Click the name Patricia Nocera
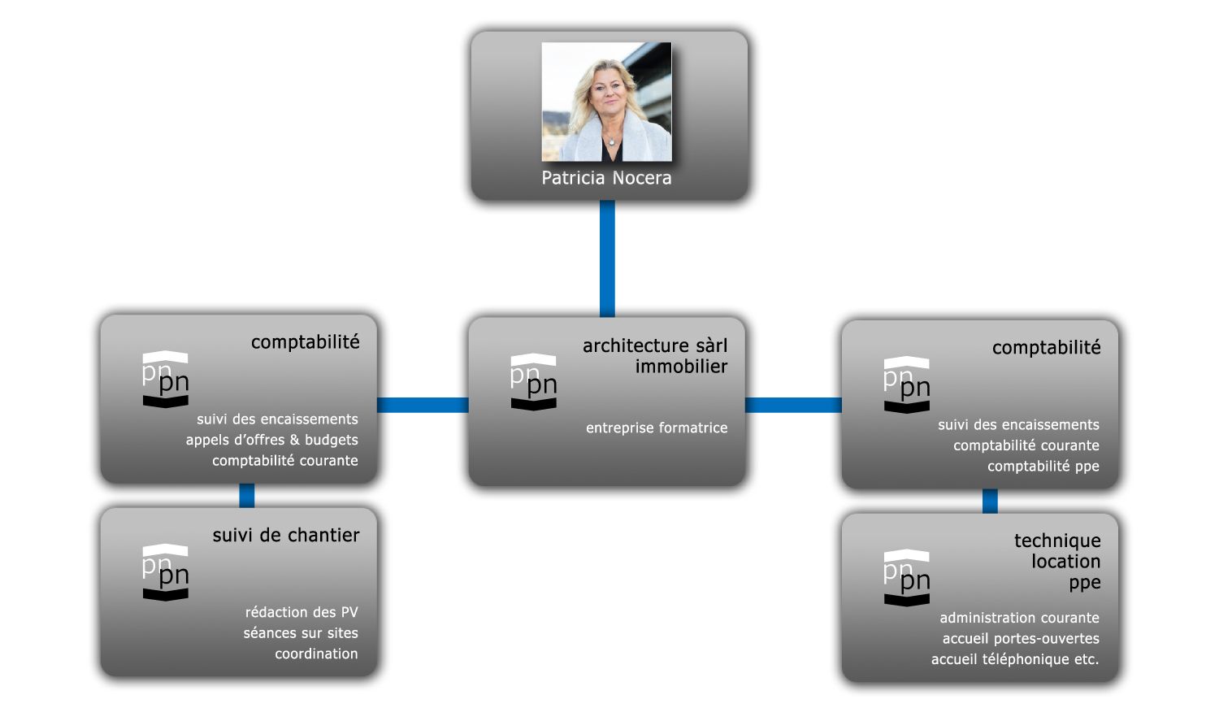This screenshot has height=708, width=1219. point(606,178)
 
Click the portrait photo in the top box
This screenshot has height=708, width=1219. point(606,102)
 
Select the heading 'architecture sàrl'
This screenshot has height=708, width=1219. point(654,345)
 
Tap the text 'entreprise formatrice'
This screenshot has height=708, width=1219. point(657,428)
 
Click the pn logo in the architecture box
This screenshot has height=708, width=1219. point(533,382)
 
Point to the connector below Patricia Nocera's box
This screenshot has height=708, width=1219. point(607,258)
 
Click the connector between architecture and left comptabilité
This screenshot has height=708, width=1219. point(423,405)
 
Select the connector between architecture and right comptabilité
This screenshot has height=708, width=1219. point(793,405)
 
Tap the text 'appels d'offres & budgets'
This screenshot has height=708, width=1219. point(271,440)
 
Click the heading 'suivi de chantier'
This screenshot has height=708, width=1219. point(285,535)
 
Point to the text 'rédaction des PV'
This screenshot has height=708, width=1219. point(301,612)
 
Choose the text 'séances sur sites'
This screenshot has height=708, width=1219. point(300,632)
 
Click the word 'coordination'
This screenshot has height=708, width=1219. point(315,654)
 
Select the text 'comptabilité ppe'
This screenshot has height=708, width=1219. point(1043,466)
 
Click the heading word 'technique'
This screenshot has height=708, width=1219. point(1056,541)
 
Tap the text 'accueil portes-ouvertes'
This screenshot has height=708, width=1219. point(1020,638)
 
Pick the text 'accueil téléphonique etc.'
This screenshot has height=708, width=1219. point(1014,659)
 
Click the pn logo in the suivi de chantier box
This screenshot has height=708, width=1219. point(166,572)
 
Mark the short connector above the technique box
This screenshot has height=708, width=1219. point(990,501)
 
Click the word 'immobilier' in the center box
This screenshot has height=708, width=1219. point(681,367)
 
